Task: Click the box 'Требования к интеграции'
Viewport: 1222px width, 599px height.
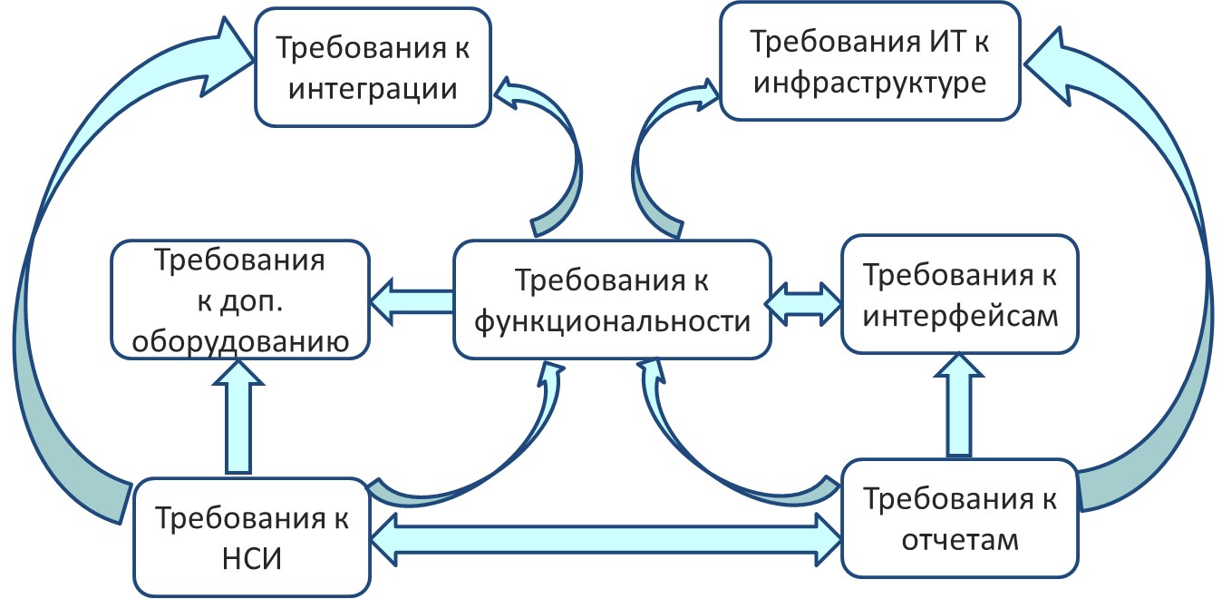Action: (x=373, y=67)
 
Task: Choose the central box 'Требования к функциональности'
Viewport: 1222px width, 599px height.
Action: (x=612, y=299)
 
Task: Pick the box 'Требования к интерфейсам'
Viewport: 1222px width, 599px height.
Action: (x=960, y=294)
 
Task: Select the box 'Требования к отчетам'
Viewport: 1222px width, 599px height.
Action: (x=960, y=518)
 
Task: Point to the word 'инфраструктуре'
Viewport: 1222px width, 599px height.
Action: (x=869, y=83)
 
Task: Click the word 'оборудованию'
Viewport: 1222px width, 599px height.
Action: (x=239, y=341)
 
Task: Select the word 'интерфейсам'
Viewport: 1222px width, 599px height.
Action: (x=960, y=316)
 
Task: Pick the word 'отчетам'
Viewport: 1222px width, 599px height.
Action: (x=960, y=539)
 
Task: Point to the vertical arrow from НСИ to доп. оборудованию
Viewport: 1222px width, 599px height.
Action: (x=238, y=416)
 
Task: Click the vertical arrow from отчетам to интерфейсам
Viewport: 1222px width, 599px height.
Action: (x=960, y=405)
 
